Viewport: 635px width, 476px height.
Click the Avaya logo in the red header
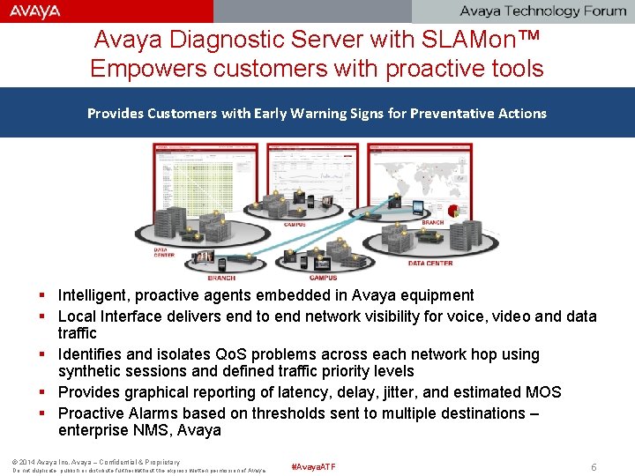click(x=36, y=11)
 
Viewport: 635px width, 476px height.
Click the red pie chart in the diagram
click(x=454, y=212)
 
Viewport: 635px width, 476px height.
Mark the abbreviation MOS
click(x=542, y=392)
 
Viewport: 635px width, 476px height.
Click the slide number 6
click(x=594, y=467)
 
